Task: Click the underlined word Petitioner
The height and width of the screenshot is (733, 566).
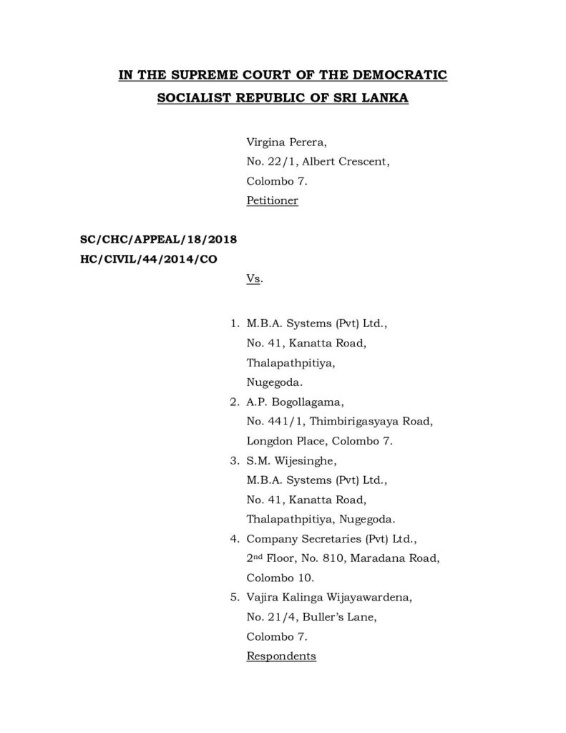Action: tap(272, 201)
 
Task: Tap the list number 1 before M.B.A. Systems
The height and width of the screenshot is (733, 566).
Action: tap(234, 324)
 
